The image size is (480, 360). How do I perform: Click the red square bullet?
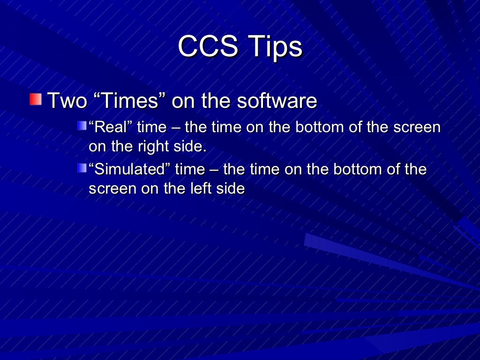pyautogui.click(x=35, y=99)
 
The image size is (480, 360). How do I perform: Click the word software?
pyautogui.click(x=276, y=101)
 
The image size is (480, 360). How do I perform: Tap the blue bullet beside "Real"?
pyautogui.click(x=82, y=125)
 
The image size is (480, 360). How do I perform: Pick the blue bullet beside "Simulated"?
pyautogui.click(x=82, y=167)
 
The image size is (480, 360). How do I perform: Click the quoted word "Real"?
pyautogui.click(x=110, y=127)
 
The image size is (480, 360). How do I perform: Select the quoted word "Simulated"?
pyautogui.click(x=129, y=169)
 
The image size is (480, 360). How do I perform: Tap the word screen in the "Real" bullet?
pyautogui.click(x=415, y=127)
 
